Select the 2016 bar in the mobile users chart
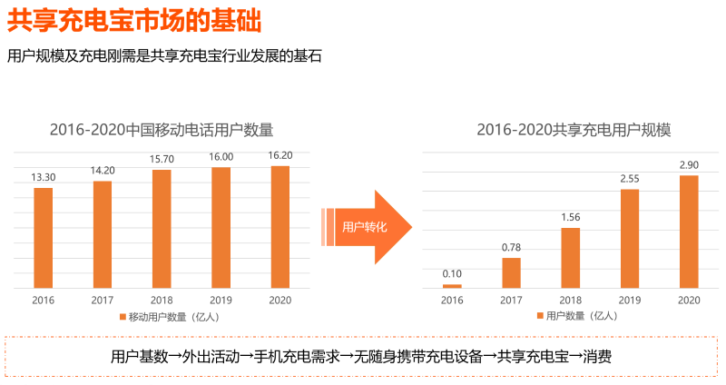pos(43,238)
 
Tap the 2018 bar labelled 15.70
pos(162,229)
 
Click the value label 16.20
pos(280,155)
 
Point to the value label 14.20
pos(103,170)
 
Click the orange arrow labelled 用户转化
pos(368,227)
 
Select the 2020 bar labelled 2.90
pos(689,232)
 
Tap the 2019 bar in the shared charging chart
pos(630,239)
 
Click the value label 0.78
pos(511,247)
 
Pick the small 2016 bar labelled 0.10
pos(452,286)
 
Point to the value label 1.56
pos(571,217)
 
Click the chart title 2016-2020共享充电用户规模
pos(574,130)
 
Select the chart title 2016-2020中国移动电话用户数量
pos(162,130)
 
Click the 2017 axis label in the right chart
pos(511,300)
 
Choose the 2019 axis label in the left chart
pos(221,300)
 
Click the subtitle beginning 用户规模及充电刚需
pos(164,56)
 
